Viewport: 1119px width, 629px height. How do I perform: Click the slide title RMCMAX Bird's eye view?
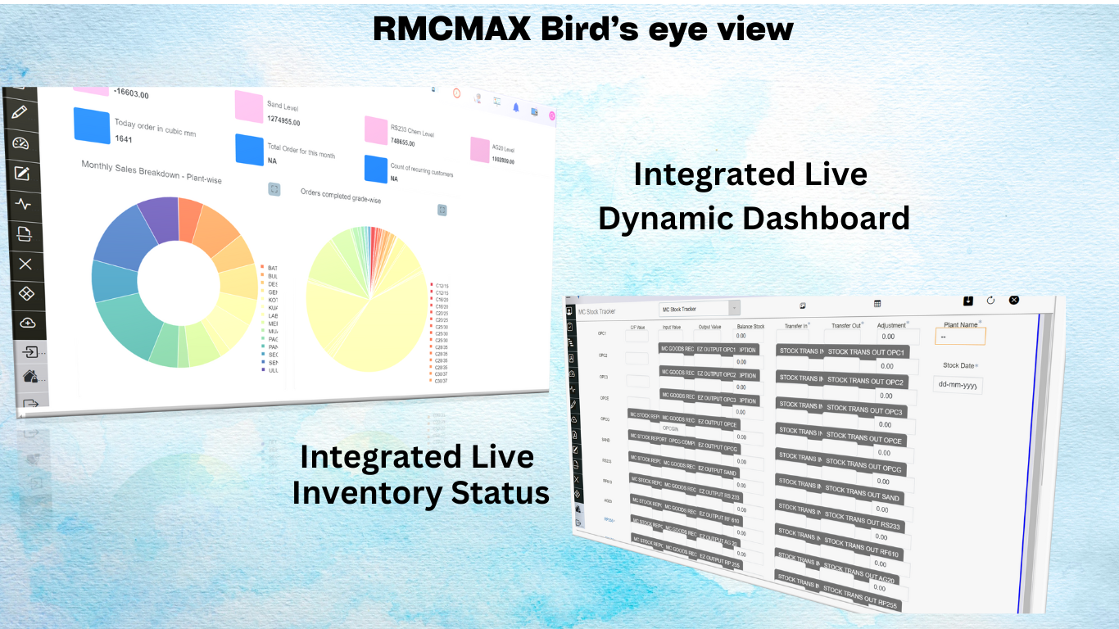[x=582, y=29]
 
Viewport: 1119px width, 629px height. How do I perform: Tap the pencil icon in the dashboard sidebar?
[x=20, y=112]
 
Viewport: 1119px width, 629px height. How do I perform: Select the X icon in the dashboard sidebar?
[x=25, y=263]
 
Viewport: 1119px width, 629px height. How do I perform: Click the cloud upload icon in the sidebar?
[x=28, y=323]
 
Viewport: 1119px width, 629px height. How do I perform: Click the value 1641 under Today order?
[x=124, y=139]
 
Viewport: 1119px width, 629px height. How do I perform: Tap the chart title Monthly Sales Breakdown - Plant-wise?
[x=151, y=172]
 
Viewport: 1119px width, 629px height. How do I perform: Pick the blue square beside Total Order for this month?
[x=249, y=149]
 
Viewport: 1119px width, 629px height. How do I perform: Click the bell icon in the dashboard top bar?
[x=516, y=107]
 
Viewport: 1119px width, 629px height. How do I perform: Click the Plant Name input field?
[x=960, y=336]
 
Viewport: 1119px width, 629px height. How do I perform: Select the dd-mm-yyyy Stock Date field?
[x=957, y=385]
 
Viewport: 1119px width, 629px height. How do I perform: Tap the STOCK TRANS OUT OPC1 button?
[x=866, y=352]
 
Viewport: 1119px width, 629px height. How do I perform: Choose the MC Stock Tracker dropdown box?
[x=699, y=308]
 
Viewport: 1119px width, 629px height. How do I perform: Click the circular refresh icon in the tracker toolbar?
[x=990, y=301]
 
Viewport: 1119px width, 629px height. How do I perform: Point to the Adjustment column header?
[x=892, y=325]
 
